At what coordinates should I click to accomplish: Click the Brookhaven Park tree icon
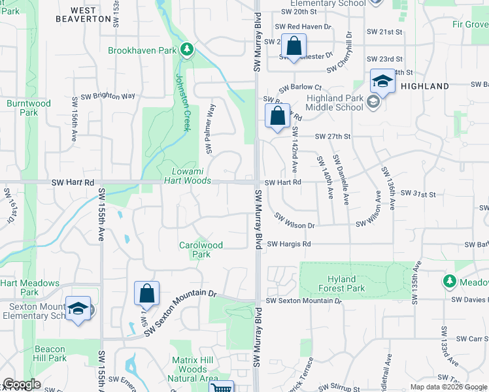187,50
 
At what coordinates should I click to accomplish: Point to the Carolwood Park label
201,250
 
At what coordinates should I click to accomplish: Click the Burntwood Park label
28,108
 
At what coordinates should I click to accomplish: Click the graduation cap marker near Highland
382,82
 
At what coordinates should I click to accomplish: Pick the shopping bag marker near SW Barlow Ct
277,116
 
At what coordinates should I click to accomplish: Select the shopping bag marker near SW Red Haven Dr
294,46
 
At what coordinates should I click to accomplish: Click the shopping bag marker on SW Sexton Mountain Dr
146,294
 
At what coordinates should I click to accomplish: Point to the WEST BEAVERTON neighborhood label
90,14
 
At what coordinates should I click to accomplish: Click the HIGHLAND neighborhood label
425,86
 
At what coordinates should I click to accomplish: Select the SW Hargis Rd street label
288,244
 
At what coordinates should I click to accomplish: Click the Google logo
21,384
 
